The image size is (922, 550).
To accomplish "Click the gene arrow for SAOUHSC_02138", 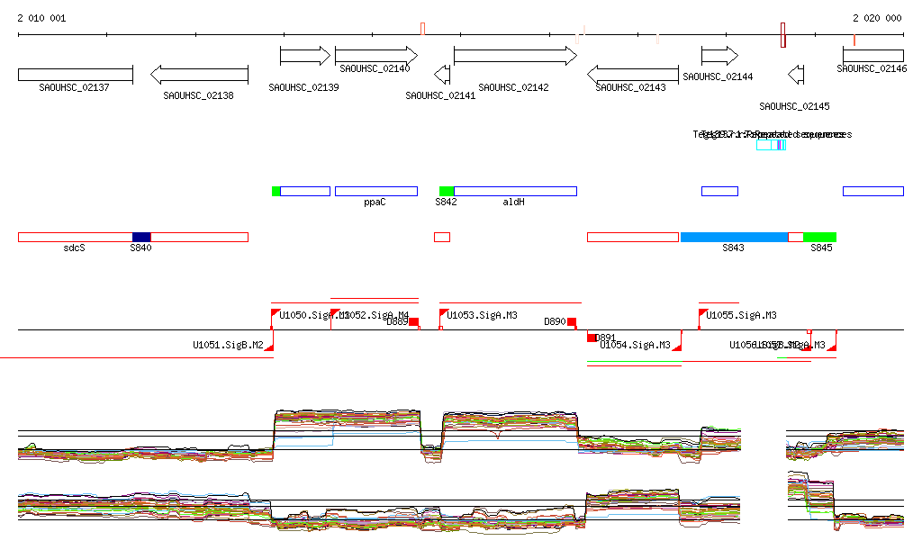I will (199, 75).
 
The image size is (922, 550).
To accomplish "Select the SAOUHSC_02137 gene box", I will (76, 74).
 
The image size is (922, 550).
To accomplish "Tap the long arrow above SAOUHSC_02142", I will (515, 56).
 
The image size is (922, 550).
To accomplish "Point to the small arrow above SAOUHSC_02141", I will (442, 74).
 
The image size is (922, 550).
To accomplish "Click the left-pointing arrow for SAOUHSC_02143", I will (633, 74).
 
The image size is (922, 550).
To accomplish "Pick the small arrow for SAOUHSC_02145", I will (796, 74).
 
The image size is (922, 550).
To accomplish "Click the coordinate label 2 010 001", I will (41, 18).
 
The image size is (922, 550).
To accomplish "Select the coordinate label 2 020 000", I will (877, 18).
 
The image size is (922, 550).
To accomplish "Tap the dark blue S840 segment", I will (141, 237).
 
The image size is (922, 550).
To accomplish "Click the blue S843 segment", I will (734, 237).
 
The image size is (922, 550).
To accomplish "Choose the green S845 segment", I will (819, 237).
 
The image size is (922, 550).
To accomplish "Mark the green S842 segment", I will (447, 191).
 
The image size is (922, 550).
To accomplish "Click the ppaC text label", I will (375, 203).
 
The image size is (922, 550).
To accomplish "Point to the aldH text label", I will (513, 203).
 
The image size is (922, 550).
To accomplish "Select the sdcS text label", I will (74, 248).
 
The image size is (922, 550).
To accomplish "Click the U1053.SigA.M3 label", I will (482, 316).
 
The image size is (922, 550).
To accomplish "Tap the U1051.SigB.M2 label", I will (228, 345).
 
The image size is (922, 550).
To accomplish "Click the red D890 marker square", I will (572, 321).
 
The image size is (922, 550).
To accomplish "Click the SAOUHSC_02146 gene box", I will (872, 56).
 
